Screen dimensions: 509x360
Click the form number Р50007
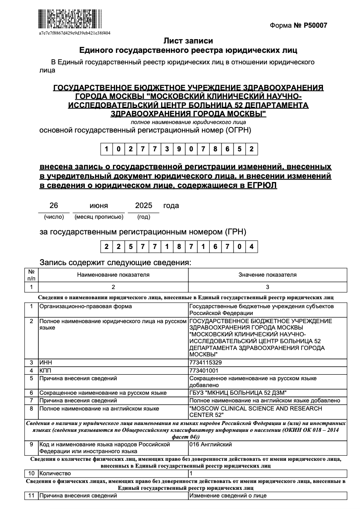tap(315, 26)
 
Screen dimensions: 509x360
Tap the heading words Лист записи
tap(188, 41)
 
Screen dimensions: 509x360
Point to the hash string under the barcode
tap(75, 33)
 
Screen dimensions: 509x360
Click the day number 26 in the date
tap(54, 205)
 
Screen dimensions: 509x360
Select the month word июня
tap(98, 205)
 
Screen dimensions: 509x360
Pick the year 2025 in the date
tap(144, 205)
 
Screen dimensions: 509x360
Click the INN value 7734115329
tap(205, 362)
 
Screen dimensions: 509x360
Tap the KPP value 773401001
tap(204, 370)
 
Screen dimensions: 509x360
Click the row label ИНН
tap(46, 362)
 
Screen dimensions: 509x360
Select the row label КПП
tap(45, 370)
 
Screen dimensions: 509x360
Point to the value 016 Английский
tap(210, 445)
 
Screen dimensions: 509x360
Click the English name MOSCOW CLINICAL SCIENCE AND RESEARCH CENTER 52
tap(255, 412)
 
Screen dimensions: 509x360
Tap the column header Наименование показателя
tap(113, 275)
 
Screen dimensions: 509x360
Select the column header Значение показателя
tap(268, 275)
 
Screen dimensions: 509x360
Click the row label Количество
tap(55, 473)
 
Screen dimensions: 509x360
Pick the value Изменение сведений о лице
tap(228, 496)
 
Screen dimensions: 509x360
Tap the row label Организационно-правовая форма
tap(86, 307)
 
